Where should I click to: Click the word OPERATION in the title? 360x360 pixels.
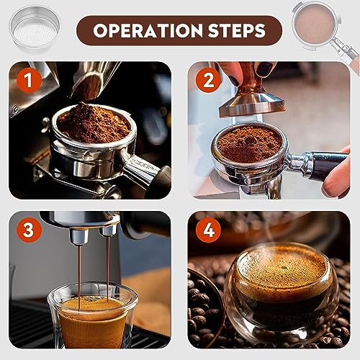pyautogui.click(x=148, y=31)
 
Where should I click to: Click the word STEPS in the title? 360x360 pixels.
pyautogui.click(x=237, y=31)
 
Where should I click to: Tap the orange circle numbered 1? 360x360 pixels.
pyautogui.click(x=29, y=80)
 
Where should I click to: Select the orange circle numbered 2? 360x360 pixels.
pyautogui.click(x=208, y=80)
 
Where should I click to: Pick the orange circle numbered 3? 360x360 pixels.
pyautogui.click(x=29, y=230)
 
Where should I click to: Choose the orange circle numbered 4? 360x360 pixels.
pyautogui.click(x=208, y=230)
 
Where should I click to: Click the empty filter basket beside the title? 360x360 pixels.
pyautogui.click(x=35, y=30)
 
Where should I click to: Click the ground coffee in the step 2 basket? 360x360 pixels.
pyautogui.click(x=249, y=143)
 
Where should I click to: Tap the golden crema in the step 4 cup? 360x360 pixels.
pyautogui.click(x=282, y=271)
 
